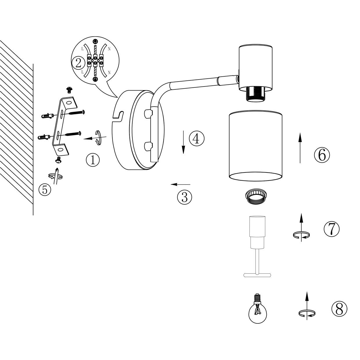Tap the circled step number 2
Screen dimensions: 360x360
[78, 63]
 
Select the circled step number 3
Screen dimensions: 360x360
[185, 197]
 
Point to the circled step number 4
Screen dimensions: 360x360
[197, 138]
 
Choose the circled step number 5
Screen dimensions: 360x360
[45, 189]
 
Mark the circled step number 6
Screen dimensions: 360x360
[322, 155]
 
